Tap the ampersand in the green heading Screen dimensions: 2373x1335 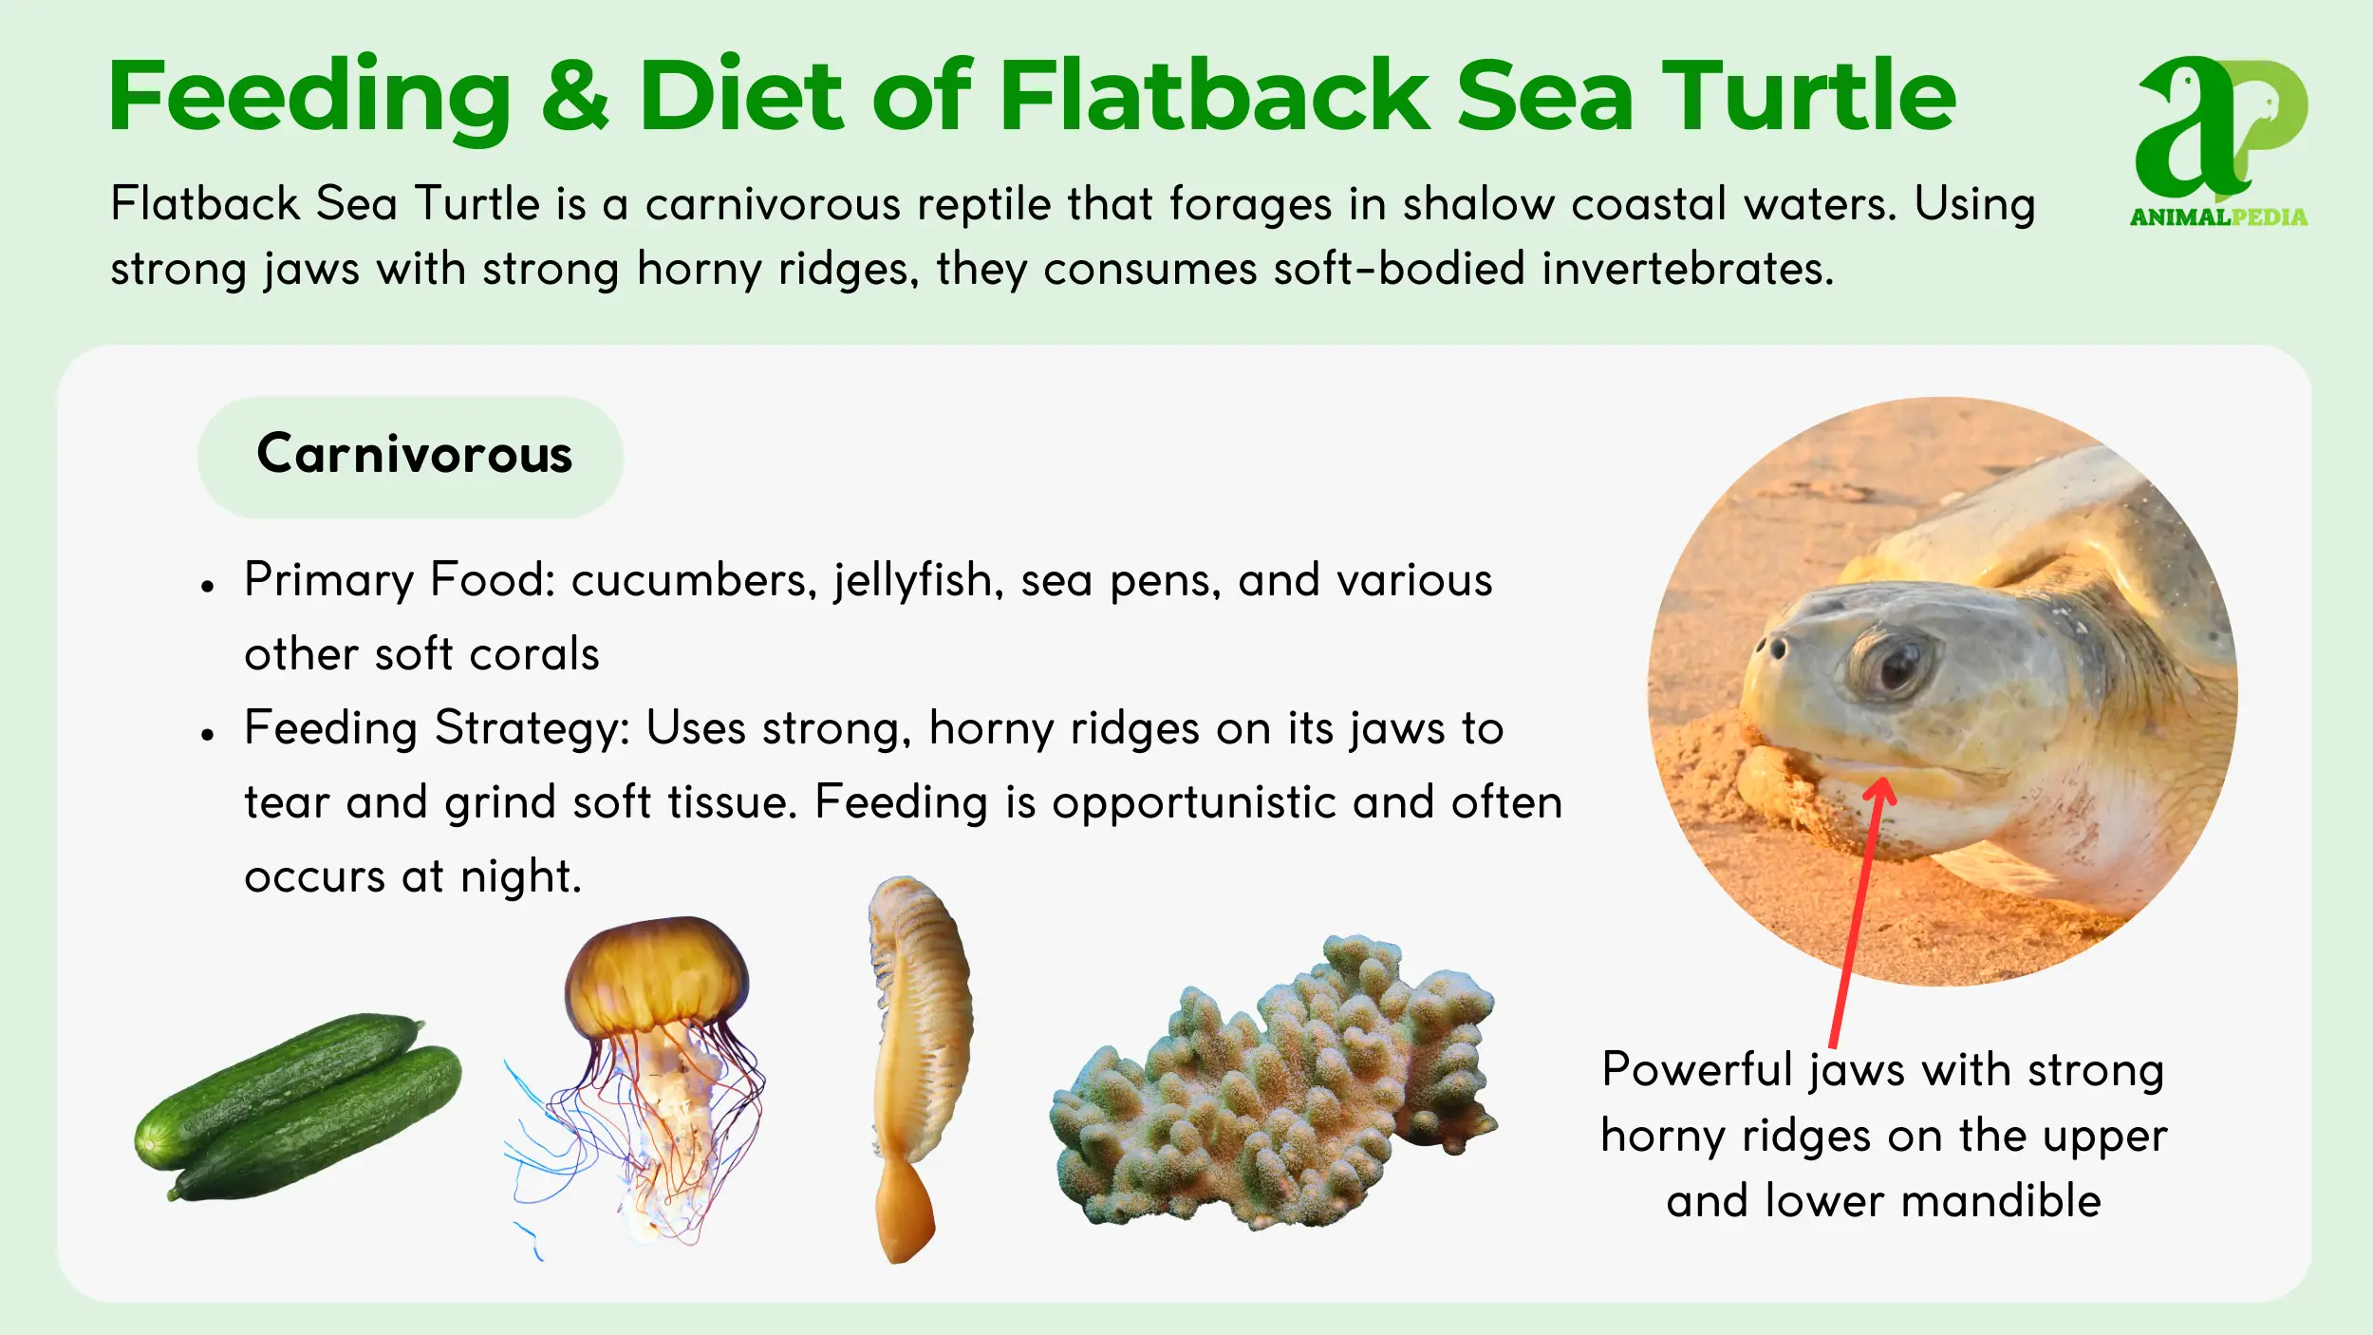point(575,95)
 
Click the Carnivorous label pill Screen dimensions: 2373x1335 point(410,457)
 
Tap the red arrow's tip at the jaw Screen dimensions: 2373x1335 point(1880,779)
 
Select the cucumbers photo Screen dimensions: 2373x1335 point(298,1107)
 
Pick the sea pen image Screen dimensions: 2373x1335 point(917,1067)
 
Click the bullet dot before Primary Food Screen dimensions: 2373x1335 point(208,586)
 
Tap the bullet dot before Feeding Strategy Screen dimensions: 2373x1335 point(208,734)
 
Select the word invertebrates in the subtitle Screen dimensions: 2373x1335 point(1687,268)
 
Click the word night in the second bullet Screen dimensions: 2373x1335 point(520,876)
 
